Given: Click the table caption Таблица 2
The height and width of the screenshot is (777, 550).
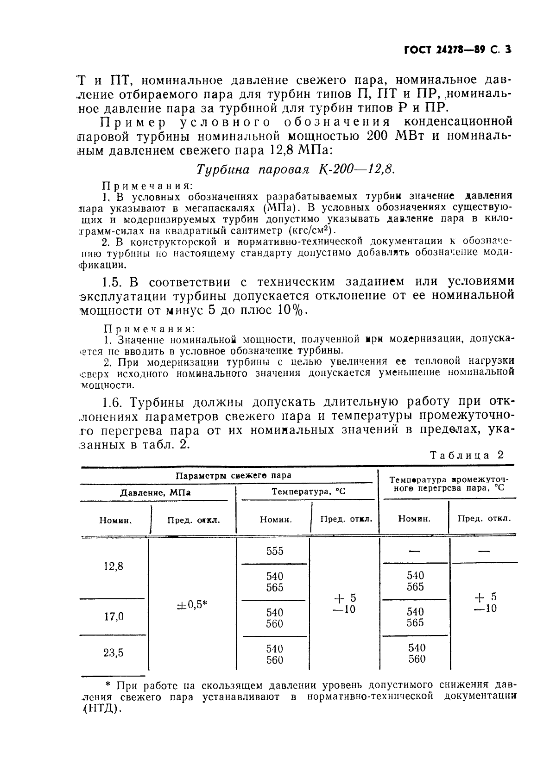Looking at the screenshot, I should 466,455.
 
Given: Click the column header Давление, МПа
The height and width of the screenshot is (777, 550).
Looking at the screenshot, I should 155,493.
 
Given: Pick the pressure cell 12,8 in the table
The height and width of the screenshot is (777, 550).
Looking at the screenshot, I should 113,566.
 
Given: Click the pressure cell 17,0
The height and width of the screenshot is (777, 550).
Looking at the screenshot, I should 114,616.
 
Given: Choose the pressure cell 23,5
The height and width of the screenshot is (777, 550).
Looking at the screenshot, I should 113,653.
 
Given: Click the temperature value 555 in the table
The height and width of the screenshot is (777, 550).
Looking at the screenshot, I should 275,551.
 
